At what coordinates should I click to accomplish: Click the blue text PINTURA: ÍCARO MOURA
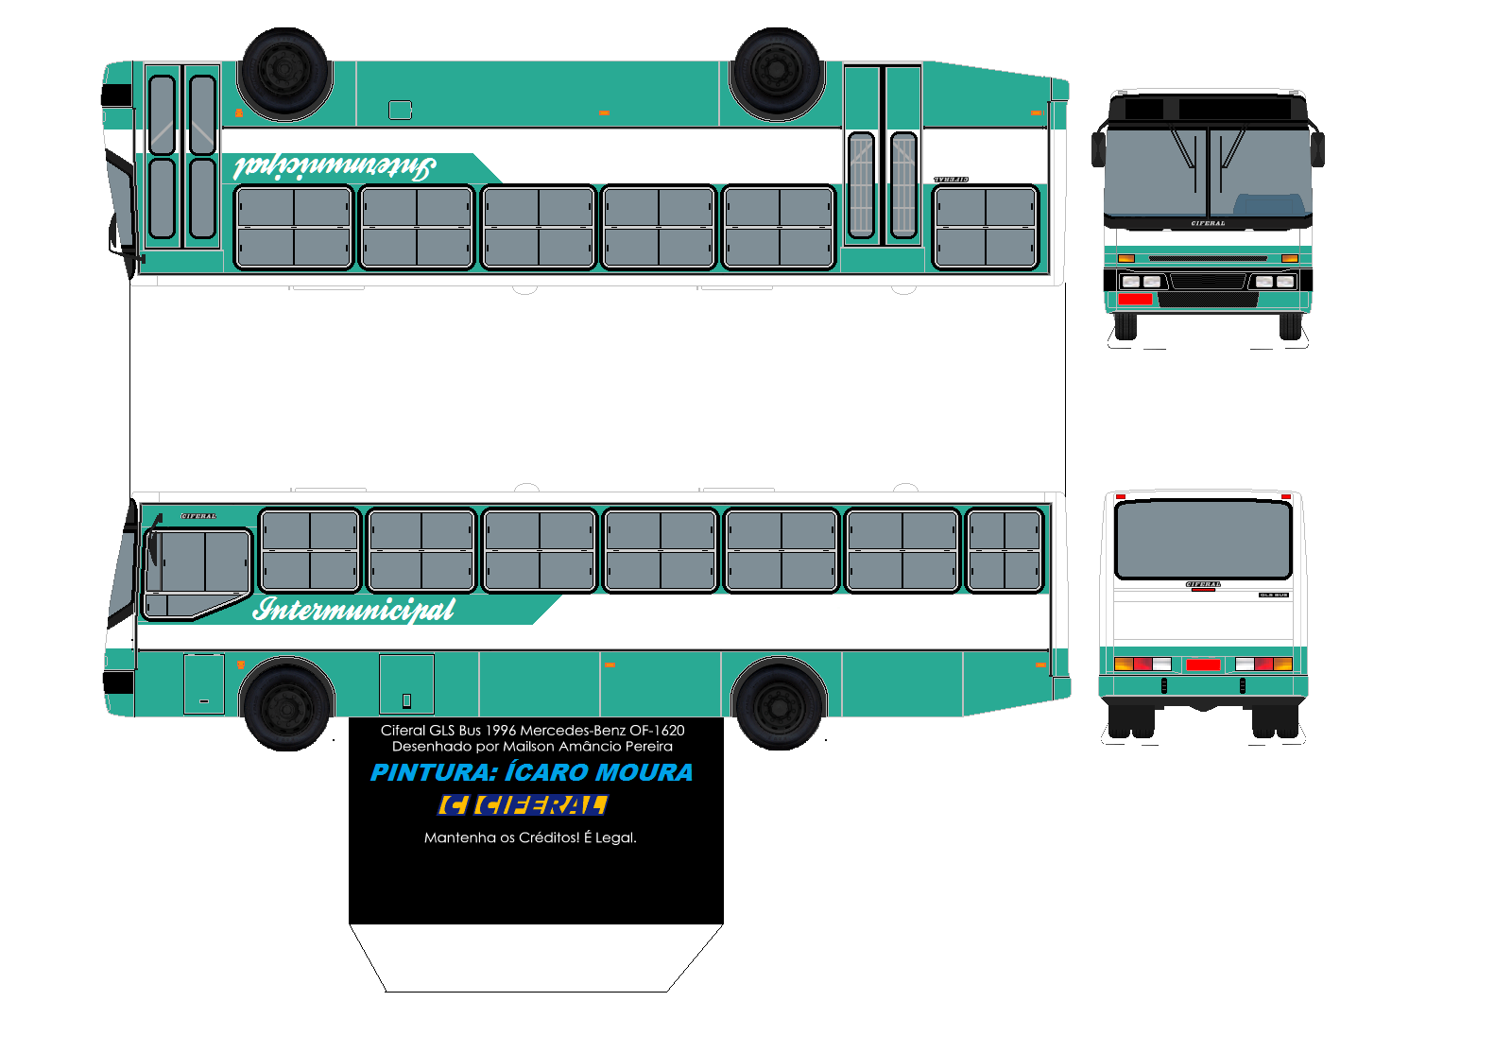click(x=531, y=772)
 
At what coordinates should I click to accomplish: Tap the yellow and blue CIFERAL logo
click(x=523, y=805)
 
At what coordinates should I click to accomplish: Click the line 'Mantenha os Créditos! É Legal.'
click(x=530, y=837)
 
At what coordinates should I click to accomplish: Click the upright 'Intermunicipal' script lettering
click(x=353, y=610)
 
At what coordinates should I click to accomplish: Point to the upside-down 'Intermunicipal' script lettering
click(x=335, y=167)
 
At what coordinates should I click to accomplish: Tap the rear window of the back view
click(x=1203, y=539)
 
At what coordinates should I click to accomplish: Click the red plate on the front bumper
click(x=1135, y=300)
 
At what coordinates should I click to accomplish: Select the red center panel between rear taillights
click(x=1203, y=665)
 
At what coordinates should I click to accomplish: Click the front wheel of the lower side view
click(x=286, y=704)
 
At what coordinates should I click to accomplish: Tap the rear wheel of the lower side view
click(x=780, y=704)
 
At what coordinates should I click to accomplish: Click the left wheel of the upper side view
click(x=283, y=72)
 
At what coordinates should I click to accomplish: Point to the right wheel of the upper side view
click(x=777, y=72)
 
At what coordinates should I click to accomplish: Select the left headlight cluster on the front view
click(x=1141, y=282)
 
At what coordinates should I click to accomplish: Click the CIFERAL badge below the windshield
click(x=1208, y=224)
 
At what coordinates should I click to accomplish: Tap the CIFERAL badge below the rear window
click(x=1203, y=584)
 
